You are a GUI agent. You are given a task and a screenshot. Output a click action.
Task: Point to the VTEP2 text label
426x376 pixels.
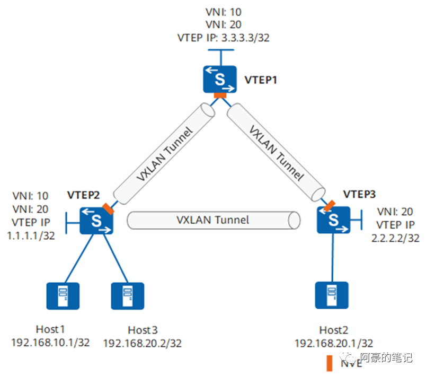tap(83, 195)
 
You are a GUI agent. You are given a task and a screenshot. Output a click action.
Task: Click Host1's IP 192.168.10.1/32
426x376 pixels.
tap(50, 343)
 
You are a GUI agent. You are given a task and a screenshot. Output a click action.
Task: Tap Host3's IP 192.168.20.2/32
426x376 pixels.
tap(142, 344)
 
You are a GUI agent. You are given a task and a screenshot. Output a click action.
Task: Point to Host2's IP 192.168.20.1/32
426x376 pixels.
tap(334, 344)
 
